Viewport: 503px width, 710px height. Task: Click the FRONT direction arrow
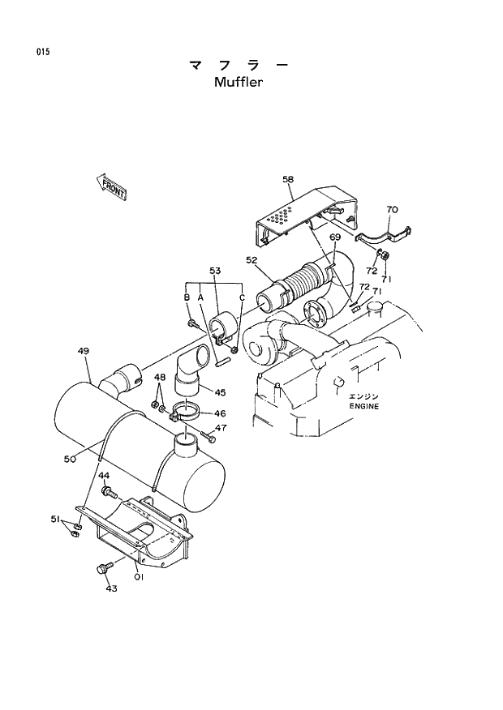point(111,187)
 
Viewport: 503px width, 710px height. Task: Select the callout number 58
point(288,179)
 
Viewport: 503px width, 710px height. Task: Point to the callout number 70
point(392,210)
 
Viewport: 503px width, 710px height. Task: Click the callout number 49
point(83,351)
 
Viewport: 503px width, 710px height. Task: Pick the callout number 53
point(215,270)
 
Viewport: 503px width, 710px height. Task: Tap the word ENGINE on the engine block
point(364,406)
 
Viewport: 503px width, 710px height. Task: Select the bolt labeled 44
point(109,492)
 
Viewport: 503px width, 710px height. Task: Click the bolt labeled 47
point(209,438)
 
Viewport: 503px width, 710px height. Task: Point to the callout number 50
point(71,459)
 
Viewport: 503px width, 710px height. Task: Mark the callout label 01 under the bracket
point(139,577)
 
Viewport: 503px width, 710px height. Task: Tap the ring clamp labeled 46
point(189,411)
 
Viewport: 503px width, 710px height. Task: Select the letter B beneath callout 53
point(187,297)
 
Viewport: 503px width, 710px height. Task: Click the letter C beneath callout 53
point(242,297)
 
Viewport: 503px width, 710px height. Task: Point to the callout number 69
point(334,237)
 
